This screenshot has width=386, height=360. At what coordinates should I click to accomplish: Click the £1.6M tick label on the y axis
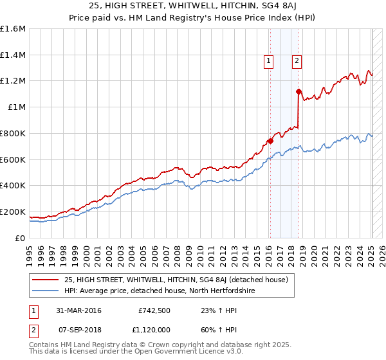13,29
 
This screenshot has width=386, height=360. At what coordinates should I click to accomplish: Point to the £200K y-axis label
13,212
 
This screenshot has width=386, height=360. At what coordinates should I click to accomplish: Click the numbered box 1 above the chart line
268,61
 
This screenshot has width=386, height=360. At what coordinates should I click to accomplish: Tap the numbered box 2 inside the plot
297,61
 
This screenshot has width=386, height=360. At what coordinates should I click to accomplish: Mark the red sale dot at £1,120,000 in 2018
299,92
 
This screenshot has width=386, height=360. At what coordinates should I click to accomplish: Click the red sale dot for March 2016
271,141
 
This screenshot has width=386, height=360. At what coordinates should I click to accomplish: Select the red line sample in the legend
46,280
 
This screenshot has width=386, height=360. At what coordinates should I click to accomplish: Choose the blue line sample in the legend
46,291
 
